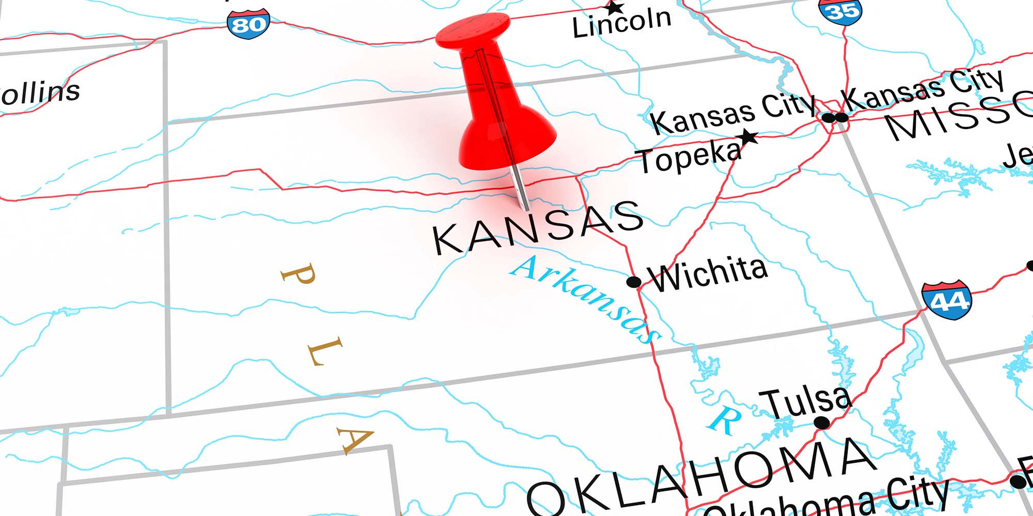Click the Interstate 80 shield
pos(248,24)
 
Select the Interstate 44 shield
pos(947,300)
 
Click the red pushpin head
pos(473,31)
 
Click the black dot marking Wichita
pos(634,282)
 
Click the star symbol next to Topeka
pos(748,137)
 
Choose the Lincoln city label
pos(622,23)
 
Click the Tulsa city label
pos(805,402)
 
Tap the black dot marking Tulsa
pos(821,423)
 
